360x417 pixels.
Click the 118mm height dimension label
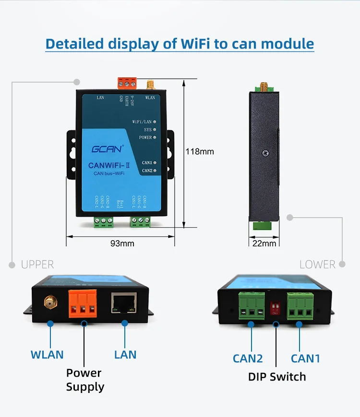pyautogui.click(x=200, y=152)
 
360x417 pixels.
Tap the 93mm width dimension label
pyautogui.click(x=122, y=243)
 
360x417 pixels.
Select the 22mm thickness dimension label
pyautogui.click(x=264, y=243)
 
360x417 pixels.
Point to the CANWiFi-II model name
pyautogui.click(x=107, y=165)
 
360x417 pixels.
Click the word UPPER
pyautogui.click(x=37, y=264)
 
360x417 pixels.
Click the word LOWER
pyautogui.click(x=317, y=264)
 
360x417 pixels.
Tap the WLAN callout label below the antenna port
pyautogui.click(x=47, y=355)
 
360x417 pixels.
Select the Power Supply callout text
pyautogui.click(x=84, y=380)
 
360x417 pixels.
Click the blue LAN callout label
pyautogui.click(x=125, y=355)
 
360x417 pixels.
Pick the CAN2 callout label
pyautogui.click(x=248, y=358)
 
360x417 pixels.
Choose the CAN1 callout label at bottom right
pyautogui.click(x=306, y=358)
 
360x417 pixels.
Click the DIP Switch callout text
pyautogui.click(x=277, y=376)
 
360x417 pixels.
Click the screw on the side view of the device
pyautogui.click(x=265, y=153)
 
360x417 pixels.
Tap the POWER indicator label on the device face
pyautogui.click(x=144, y=137)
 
